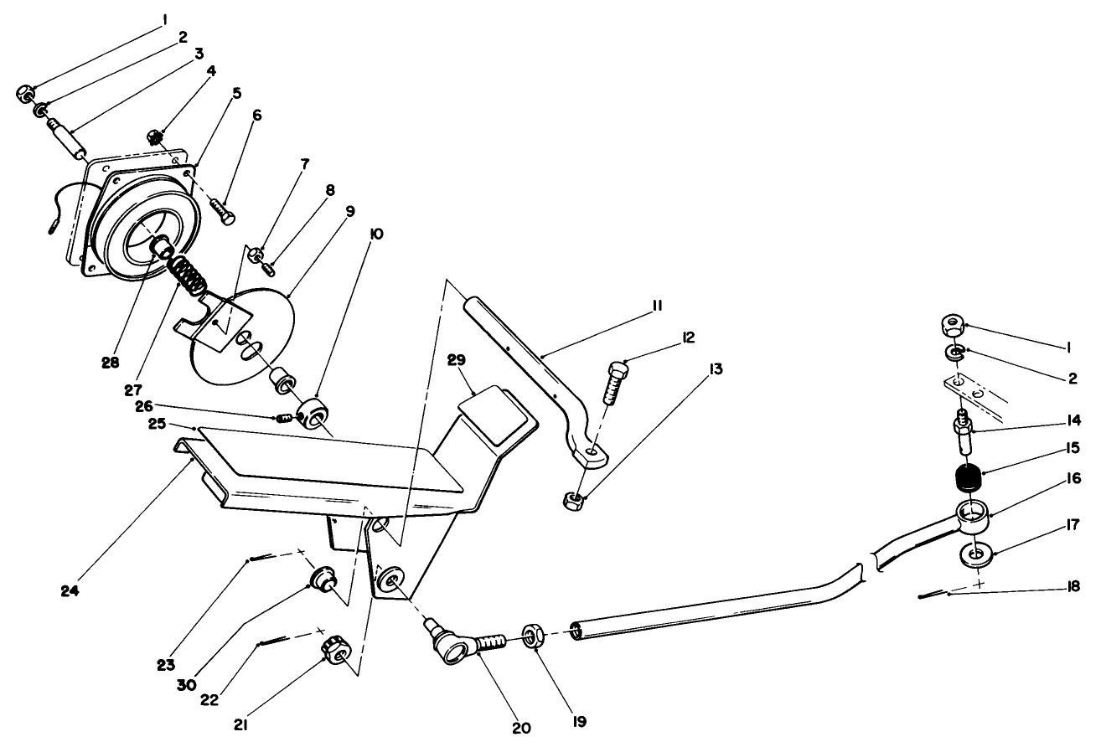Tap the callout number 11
tap(657, 307)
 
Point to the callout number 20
tap(521, 727)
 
